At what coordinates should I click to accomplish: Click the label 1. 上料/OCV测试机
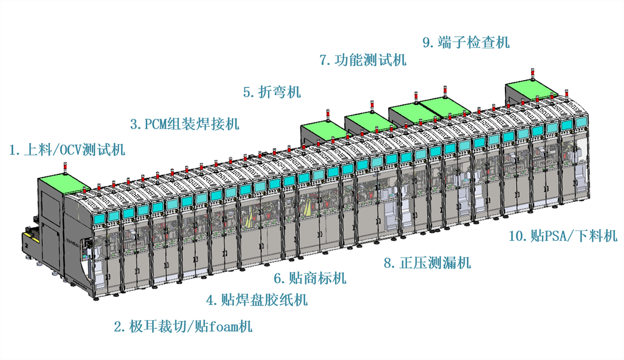coord(68,150)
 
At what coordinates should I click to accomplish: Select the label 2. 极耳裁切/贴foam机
coord(183,327)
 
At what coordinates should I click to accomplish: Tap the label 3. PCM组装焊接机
coord(185,124)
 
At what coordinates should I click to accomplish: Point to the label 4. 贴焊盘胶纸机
coord(257,300)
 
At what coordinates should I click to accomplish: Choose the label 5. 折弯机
coord(272,92)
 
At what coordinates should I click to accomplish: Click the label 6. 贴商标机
coord(310,278)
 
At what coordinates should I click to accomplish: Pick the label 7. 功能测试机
coord(363,60)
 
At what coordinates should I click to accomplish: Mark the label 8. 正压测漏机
coord(427,263)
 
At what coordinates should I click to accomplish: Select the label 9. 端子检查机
coord(466,42)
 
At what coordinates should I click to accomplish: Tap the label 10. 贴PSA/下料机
coord(563,236)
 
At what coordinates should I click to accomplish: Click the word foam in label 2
coord(223,327)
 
